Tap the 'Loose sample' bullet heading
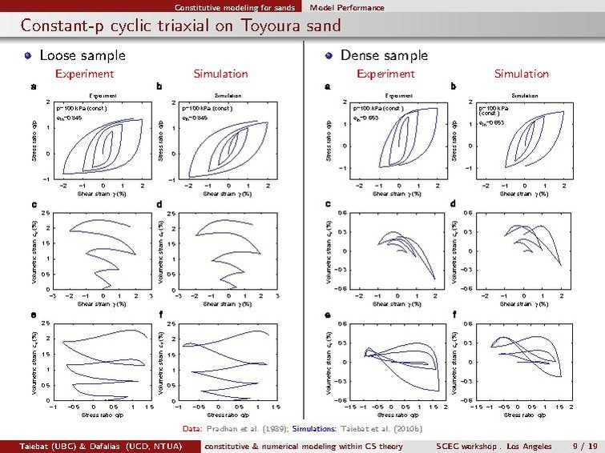tap(83, 56)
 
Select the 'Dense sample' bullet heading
tap(384, 56)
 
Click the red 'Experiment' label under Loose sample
tap(84, 74)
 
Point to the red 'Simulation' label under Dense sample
tap(521, 74)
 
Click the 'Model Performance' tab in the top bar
tap(347, 7)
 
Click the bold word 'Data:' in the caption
tap(193, 428)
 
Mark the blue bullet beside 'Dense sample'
tap(329, 56)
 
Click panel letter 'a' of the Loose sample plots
tap(33, 86)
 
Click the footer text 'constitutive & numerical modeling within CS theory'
tap(304, 445)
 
